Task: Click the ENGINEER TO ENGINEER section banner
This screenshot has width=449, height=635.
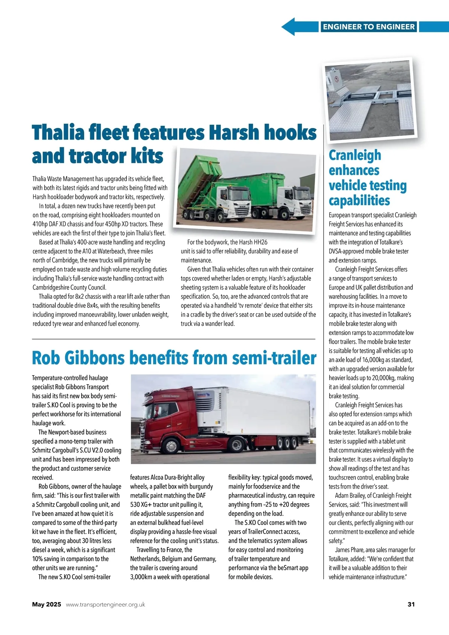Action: pyautogui.click(x=369, y=27)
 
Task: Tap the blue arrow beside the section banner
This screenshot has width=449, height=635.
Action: pyautogui.click(x=296, y=27)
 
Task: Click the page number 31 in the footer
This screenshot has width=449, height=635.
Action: pyautogui.click(x=411, y=604)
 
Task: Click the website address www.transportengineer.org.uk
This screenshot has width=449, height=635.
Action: pyautogui.click(x=105, y=604)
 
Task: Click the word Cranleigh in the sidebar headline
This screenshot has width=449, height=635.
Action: pyautogui.click(x=355, y=155)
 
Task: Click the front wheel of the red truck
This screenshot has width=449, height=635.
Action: pyautogui.click(x=171, y=447)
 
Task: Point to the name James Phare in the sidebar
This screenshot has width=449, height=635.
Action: pyautogui.click(x=348, y=550)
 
